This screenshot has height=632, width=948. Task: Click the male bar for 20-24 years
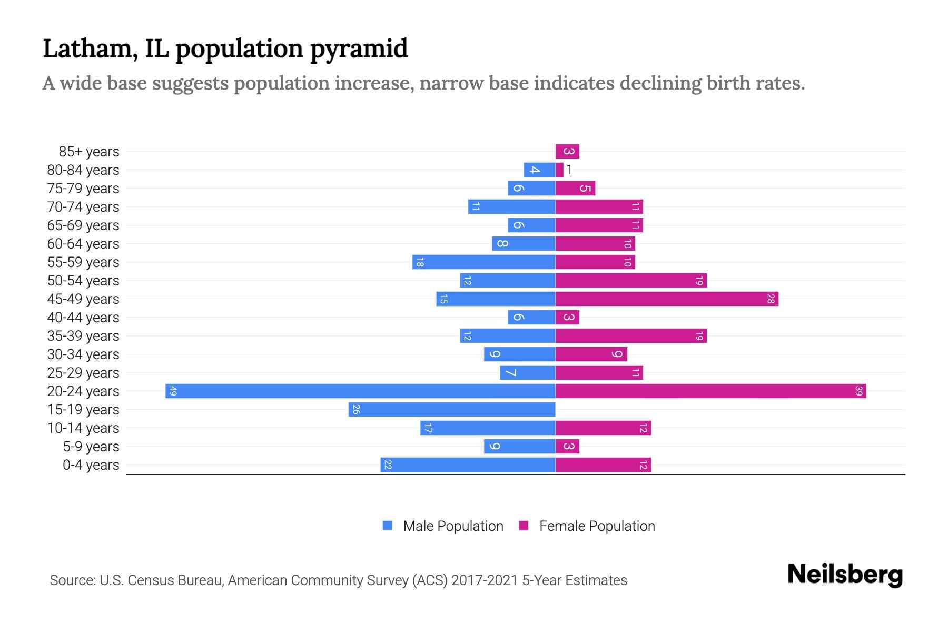[360, 391]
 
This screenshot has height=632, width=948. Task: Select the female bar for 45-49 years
[667, 299]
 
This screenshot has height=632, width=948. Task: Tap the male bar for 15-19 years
[452, 409]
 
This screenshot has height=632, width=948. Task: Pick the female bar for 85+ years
[567, 151]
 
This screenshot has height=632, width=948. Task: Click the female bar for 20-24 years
[711, 391]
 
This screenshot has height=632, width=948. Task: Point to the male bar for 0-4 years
[468, 465]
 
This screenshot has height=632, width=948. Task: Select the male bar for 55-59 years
[483, 262]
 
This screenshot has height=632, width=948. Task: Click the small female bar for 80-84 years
[559, 170]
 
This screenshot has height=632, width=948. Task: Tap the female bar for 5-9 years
[567, 446]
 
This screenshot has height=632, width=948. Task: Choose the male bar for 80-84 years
[539, 170]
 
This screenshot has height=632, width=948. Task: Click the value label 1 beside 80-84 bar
[569, 170]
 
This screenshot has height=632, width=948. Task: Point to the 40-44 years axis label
[83, 317]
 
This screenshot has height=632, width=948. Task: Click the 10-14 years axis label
[83, 428]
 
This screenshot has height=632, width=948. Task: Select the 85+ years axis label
[89, 151]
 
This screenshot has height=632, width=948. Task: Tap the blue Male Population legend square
[388, 526]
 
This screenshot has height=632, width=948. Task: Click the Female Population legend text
[597, 526]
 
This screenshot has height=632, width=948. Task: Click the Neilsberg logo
[845, 574]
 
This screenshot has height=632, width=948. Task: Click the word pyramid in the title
[359, 48]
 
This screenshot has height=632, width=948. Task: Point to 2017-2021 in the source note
[485, 580]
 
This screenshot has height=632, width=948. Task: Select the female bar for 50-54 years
[631, 280]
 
